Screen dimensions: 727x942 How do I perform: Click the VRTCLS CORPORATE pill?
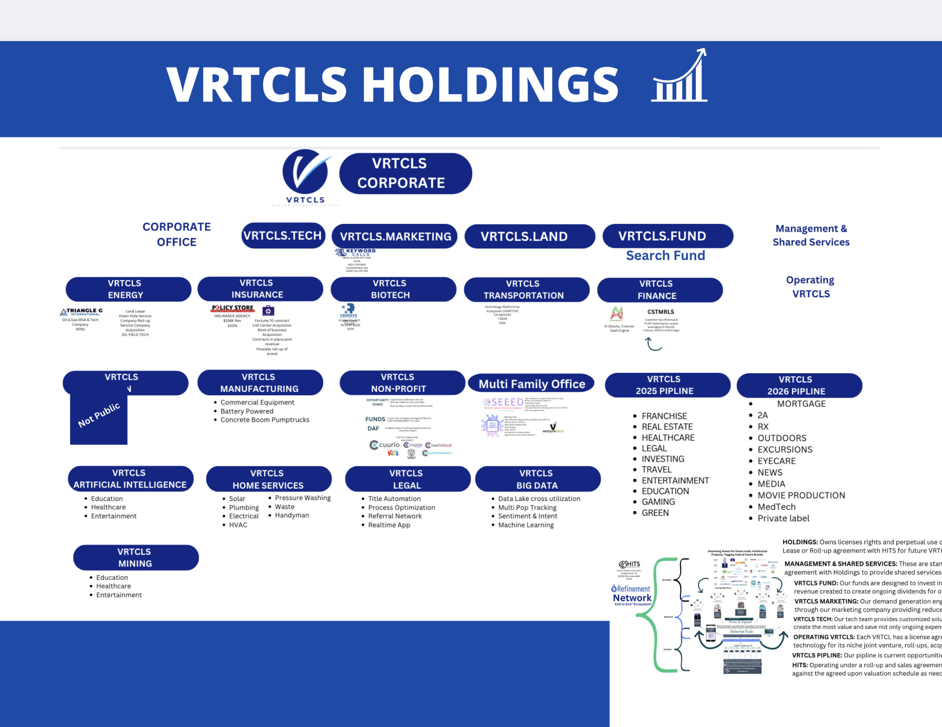click(x=406, y=173)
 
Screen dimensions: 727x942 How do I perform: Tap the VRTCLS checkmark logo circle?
click(x=305, y=171)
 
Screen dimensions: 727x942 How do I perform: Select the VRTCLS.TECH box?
click(x=283, y=235)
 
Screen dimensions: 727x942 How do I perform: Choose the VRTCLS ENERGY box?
click(x=128, y=289)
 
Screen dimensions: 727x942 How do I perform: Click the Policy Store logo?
click(x=233, y=308)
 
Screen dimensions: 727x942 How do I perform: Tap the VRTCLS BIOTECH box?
click(x=393, y=289)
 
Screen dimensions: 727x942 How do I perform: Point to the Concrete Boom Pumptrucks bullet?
click(x=265, y=420)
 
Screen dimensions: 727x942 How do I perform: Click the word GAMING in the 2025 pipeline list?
click(x=658, y=502)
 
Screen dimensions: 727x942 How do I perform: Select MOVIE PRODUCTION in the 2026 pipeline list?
click(x=801, y=495)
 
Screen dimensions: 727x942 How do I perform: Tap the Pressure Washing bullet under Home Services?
click(x=302, y=498)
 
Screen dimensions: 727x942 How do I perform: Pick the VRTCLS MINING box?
click(x=136, y=557)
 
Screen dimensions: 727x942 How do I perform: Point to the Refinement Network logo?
click(x=632, y=594)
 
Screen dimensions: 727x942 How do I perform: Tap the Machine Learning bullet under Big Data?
click(x=525, y=525)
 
